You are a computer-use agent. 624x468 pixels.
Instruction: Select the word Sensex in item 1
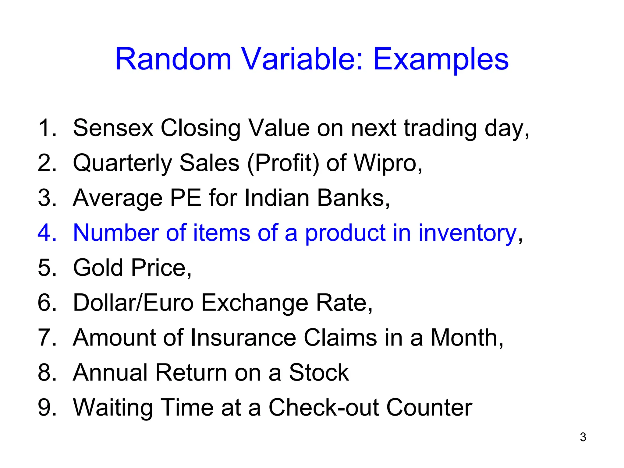[x=113, y=128]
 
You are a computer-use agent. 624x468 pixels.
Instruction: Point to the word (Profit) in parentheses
[x=283, y=164]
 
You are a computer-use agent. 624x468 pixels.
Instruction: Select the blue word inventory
[x=467, y=233]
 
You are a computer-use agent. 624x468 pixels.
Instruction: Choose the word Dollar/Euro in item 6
[x=133, y=303]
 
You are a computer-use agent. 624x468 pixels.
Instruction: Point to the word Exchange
[x=254, y=303]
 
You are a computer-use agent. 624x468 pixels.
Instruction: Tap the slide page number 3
[x=583, y=437]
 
